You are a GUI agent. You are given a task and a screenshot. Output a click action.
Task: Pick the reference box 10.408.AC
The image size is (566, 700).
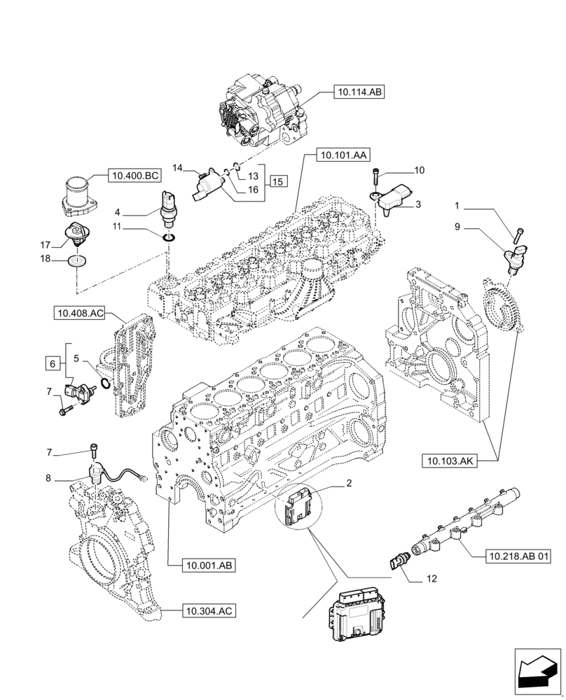point(78,314)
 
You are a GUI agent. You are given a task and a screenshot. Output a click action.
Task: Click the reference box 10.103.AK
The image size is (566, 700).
point(449,461)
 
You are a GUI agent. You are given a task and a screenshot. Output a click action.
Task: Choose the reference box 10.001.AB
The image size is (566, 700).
point(209,564)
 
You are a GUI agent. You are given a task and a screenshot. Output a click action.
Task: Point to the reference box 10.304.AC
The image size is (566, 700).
point(208,611)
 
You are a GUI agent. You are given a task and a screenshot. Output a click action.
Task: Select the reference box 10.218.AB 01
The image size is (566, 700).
point(518,556)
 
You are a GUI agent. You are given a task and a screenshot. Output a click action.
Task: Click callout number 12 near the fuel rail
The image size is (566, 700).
point(432,580)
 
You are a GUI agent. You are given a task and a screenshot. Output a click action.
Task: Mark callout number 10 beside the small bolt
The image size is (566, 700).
point(420,170)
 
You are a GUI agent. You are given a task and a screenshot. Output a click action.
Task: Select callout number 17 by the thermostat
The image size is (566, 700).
point(46,245)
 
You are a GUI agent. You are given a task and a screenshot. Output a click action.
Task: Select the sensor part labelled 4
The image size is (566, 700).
point(169,209)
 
